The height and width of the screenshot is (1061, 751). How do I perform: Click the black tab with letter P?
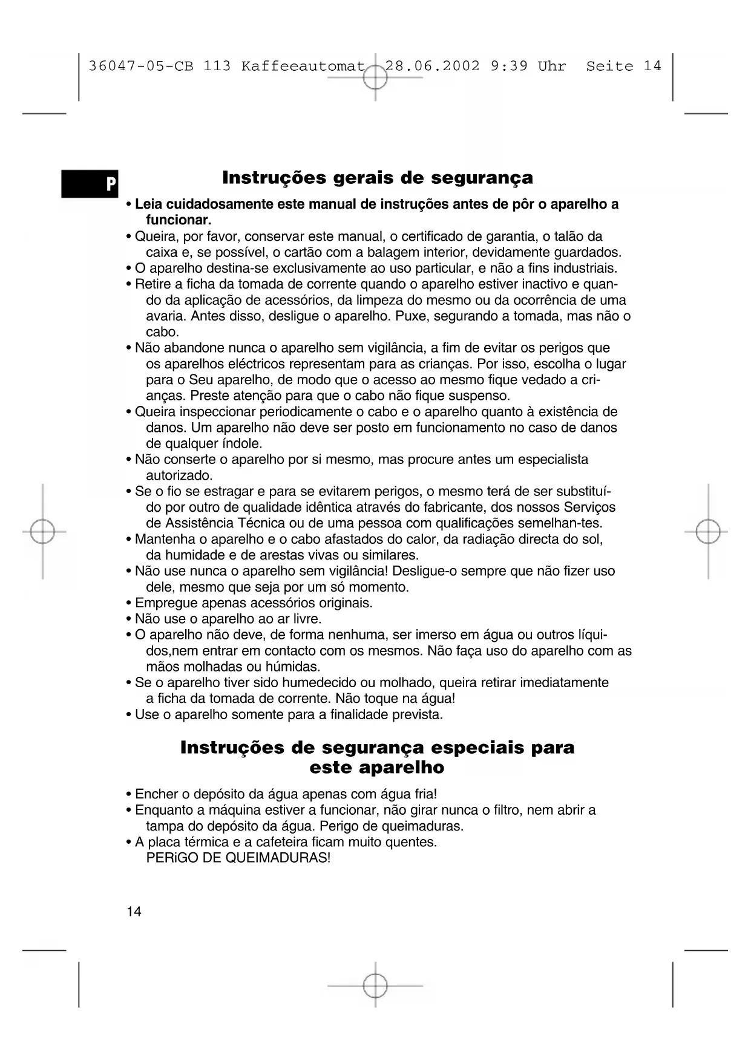pos(90,183)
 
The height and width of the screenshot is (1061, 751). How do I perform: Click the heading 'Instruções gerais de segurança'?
pos(378,178)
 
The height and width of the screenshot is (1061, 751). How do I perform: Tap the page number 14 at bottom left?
pos(134,912)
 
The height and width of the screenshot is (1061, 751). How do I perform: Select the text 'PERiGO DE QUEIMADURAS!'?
pos(238,858)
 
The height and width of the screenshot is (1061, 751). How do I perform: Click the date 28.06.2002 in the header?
pos(432,66)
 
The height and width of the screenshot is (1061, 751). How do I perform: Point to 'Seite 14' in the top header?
pos(623,66)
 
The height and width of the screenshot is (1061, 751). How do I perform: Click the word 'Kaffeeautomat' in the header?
pos(303,66)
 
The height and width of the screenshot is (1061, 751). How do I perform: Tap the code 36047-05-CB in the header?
pos(141,66)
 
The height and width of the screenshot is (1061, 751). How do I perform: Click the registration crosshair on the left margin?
pos(42,532)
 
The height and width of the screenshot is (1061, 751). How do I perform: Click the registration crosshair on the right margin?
pos(708,532)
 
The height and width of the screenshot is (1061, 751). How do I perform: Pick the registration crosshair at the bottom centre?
pos(375,985)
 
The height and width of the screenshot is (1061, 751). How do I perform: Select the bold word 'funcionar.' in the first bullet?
pos(179,220)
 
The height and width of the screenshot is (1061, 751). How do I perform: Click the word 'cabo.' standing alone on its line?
pos(163,332)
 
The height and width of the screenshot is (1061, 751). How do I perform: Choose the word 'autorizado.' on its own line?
pos(179,475)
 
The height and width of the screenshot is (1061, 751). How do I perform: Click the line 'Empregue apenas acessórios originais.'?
pos(254,603)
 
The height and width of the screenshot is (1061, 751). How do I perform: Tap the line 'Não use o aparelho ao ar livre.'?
pos(228,619)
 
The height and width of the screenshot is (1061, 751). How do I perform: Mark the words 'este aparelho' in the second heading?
pos(376,768)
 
